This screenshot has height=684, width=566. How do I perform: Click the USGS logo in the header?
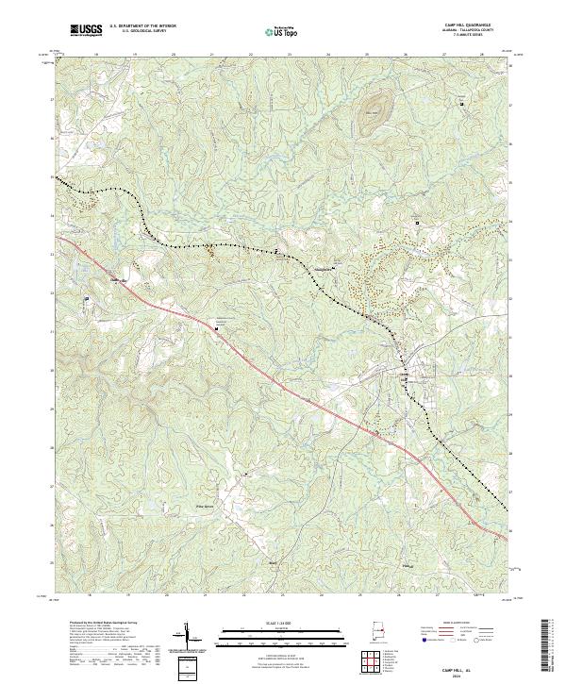(x=86, y=30)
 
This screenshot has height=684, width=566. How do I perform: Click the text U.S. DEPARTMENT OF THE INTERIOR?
(x=142, y=26)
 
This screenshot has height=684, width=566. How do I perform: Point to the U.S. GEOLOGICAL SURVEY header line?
(x=142, y=31)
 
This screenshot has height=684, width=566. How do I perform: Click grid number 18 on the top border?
(x=97, y=55)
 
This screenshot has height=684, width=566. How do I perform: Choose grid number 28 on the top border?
(x=482, y=55)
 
